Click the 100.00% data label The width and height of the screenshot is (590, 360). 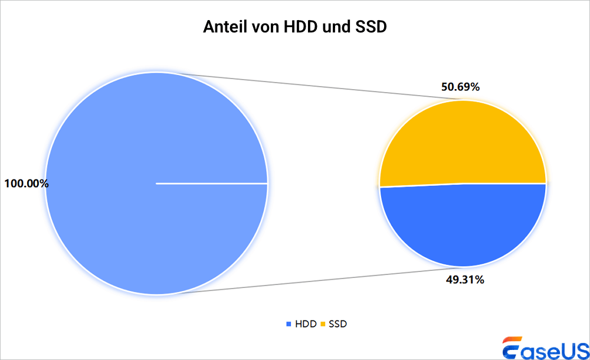(x=26, y=184)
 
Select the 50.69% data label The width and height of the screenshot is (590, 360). (x=461, y=87)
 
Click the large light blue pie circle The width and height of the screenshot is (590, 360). (x=118, y=148)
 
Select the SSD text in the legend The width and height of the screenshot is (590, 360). (x=338, y=323)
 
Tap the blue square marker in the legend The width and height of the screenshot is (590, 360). (x=289, y=323)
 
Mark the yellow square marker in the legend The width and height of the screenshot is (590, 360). (x=323, y=323)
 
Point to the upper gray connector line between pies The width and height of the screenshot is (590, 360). (x=307, y=86)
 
